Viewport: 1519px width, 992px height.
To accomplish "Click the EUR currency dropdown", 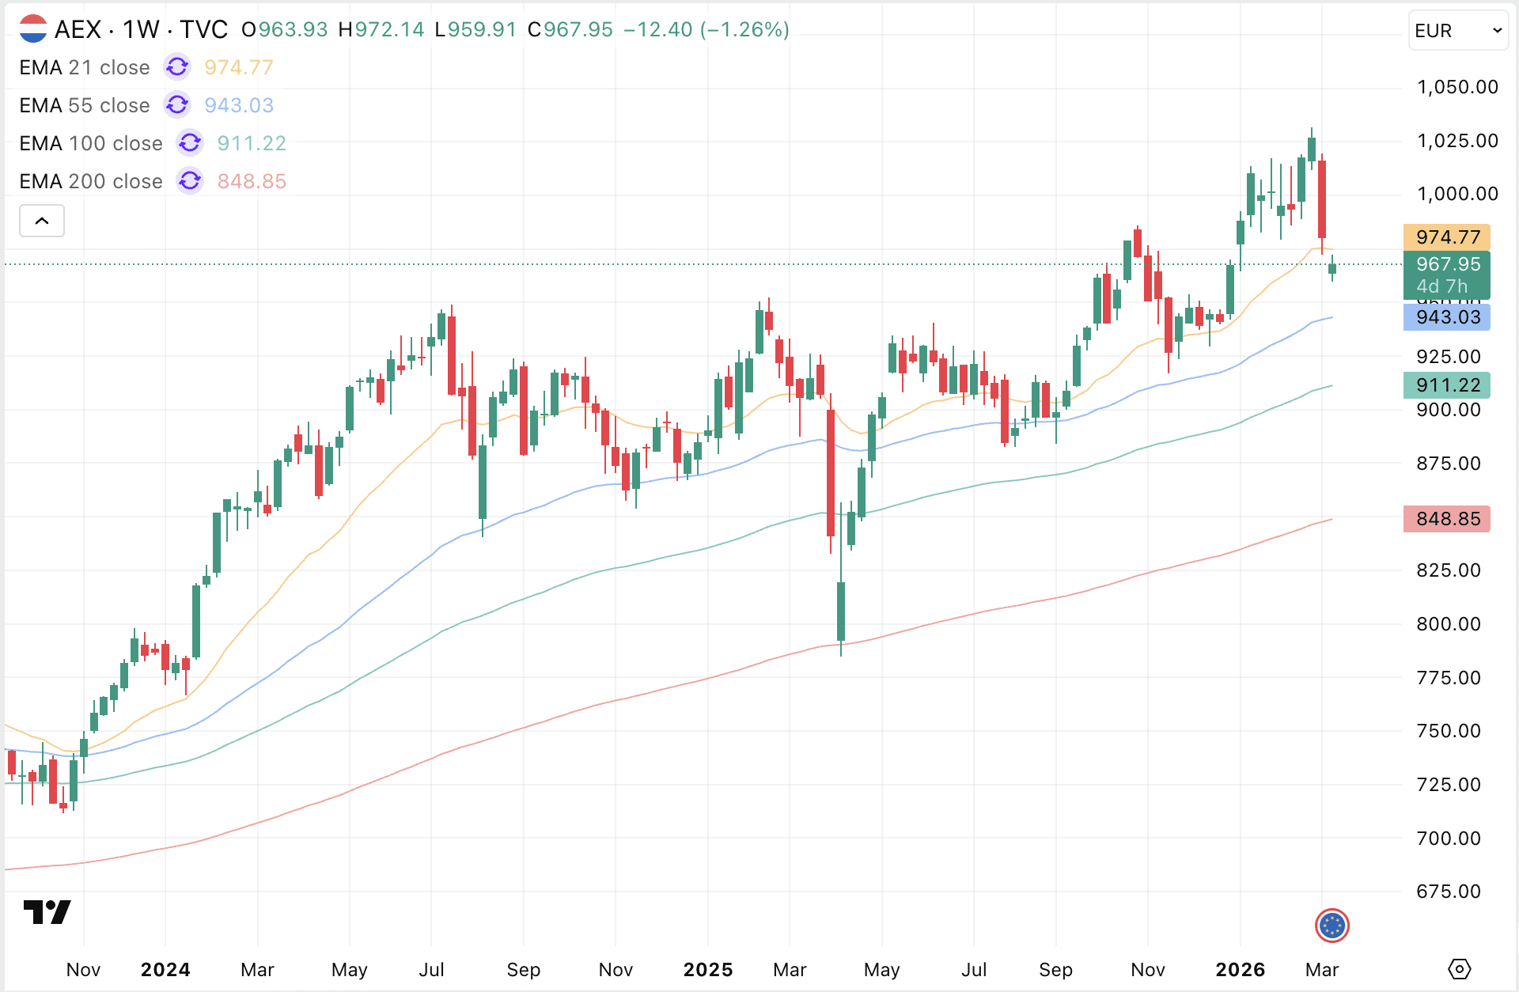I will coord(1457,31).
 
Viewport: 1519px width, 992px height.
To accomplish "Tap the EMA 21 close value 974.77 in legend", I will coord(238,68).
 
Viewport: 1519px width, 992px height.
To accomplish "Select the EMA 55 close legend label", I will coord(85,106).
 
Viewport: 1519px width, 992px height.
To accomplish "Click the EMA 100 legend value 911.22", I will coord(252,144).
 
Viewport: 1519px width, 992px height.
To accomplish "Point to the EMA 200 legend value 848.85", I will coord(252,182).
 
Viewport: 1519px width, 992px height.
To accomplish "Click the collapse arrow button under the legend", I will coord(42,221).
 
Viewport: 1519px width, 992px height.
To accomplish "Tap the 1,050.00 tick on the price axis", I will coord(1456,87).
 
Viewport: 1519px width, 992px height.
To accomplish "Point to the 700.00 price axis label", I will coord(1448,839).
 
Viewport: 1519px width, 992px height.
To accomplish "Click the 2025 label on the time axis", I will coord(708,970).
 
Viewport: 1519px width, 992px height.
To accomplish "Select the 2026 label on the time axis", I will coord(1240,970).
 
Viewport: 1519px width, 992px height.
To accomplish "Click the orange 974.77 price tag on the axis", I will coord(1447,237).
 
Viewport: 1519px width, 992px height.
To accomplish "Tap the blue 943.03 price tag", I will coord(1447,317).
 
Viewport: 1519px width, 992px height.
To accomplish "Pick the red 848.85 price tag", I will coord(1447,519).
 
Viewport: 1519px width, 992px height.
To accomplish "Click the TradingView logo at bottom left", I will coord(47,912).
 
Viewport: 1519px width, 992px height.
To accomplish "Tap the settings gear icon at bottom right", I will coord(1459,969).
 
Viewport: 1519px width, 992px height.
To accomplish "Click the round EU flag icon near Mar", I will coord(1332,926).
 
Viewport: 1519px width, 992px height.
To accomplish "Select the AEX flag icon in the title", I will coord(33,29).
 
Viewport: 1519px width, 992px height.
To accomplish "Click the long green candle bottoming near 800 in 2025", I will coord(841,611).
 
